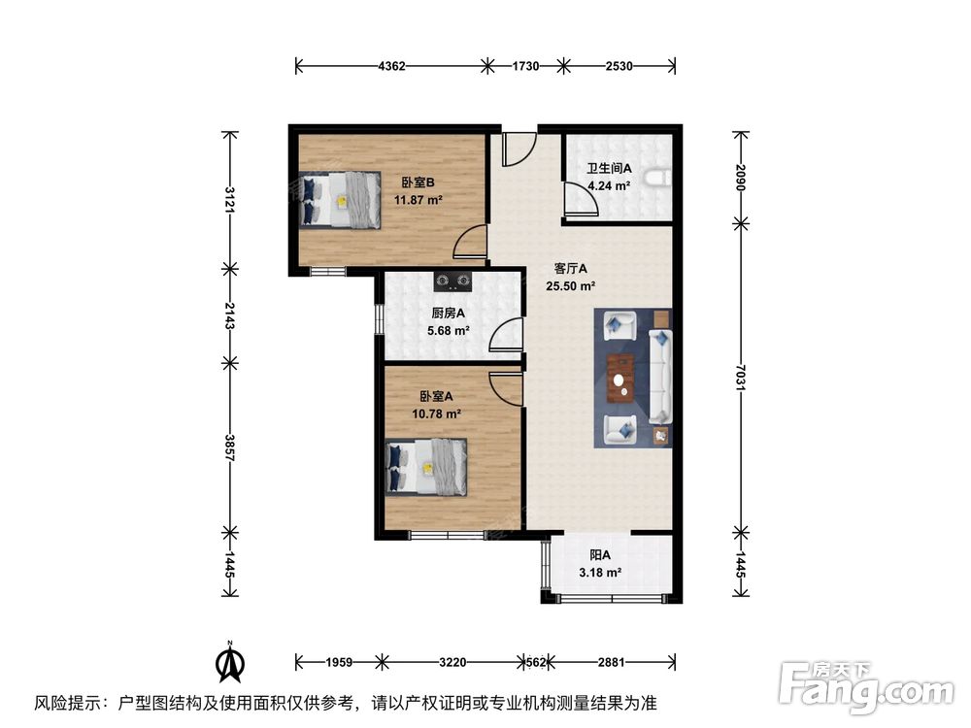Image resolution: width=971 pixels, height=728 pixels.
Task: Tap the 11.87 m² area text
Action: tap(418, 201)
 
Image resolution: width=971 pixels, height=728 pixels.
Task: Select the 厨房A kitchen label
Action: tap(448, 313)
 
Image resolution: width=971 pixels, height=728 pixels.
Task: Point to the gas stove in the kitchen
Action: tap(452, 282)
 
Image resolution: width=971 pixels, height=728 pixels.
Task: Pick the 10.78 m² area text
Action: tap(436, 414)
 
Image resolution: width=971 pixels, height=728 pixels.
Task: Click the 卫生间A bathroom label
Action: tap(609, 167)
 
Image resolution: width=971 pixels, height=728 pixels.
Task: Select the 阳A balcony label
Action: tap(600, 555)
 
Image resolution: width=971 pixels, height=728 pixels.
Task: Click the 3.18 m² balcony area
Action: tap(600, 573)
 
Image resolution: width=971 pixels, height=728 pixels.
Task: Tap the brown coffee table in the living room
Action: tap(620, 378)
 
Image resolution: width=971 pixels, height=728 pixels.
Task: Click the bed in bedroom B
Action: tap(340, 200)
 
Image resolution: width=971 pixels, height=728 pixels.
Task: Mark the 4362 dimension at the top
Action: tap(391, 66)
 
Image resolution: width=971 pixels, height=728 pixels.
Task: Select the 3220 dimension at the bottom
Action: tap(452, 663)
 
